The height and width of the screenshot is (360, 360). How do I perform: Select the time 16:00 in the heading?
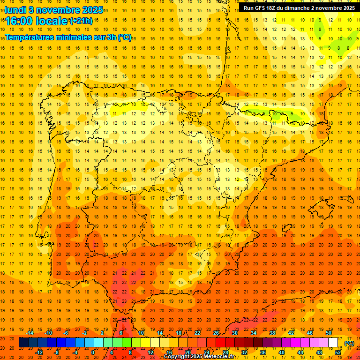(20, 21)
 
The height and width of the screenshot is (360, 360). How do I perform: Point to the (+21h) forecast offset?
(81, 21)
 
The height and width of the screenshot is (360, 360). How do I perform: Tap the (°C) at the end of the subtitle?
(125, 37)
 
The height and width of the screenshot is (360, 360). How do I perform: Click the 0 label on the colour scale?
(93, 352)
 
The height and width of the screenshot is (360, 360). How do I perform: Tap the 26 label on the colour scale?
(216, 333)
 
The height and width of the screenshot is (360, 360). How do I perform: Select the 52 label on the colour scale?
(338, 352)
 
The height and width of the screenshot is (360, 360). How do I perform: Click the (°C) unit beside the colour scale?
(349, 343)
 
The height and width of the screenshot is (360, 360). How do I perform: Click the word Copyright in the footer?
(177, 357)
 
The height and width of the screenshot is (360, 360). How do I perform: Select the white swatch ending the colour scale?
(333, 343)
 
